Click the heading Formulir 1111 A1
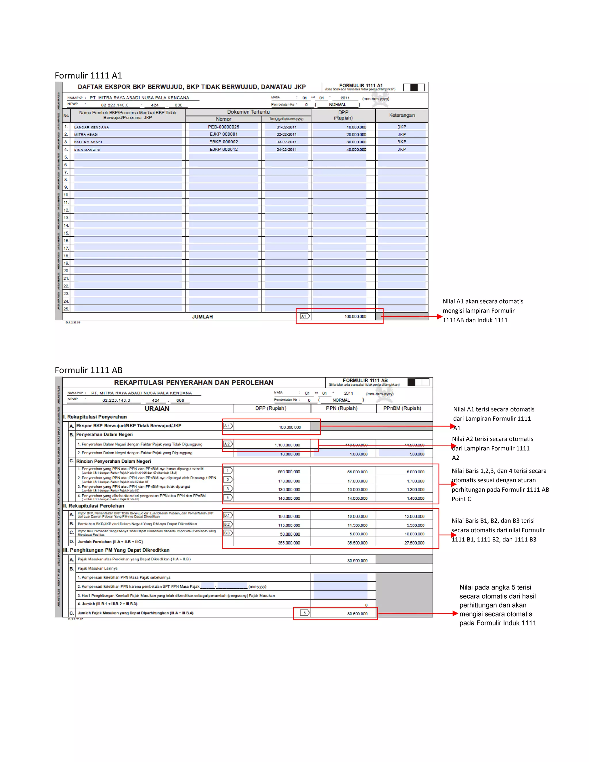[x=88, y=76]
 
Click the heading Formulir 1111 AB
[x=89, y=370]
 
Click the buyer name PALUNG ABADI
[x=88, y=142]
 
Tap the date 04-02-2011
[x=286, y=150]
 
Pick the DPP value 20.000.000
[x=356, y=135]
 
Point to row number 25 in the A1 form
[x=66, y=309]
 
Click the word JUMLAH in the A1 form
[x=202, y=317]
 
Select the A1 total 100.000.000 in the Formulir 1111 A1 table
[x=355, y=317]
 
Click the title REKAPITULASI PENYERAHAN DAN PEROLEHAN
[x=193, y=382]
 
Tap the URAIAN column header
[x=157, y=409]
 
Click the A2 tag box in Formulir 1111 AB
[x=227, y=444]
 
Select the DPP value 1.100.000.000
[x=287, y=445]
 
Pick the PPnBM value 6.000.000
[x=415, y=472]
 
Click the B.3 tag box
[x=227, y=533]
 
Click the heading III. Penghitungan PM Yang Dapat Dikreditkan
[x=116, y=550]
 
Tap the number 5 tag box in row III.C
[x=305, y=613]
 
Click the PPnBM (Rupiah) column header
[x=402, y=408]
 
